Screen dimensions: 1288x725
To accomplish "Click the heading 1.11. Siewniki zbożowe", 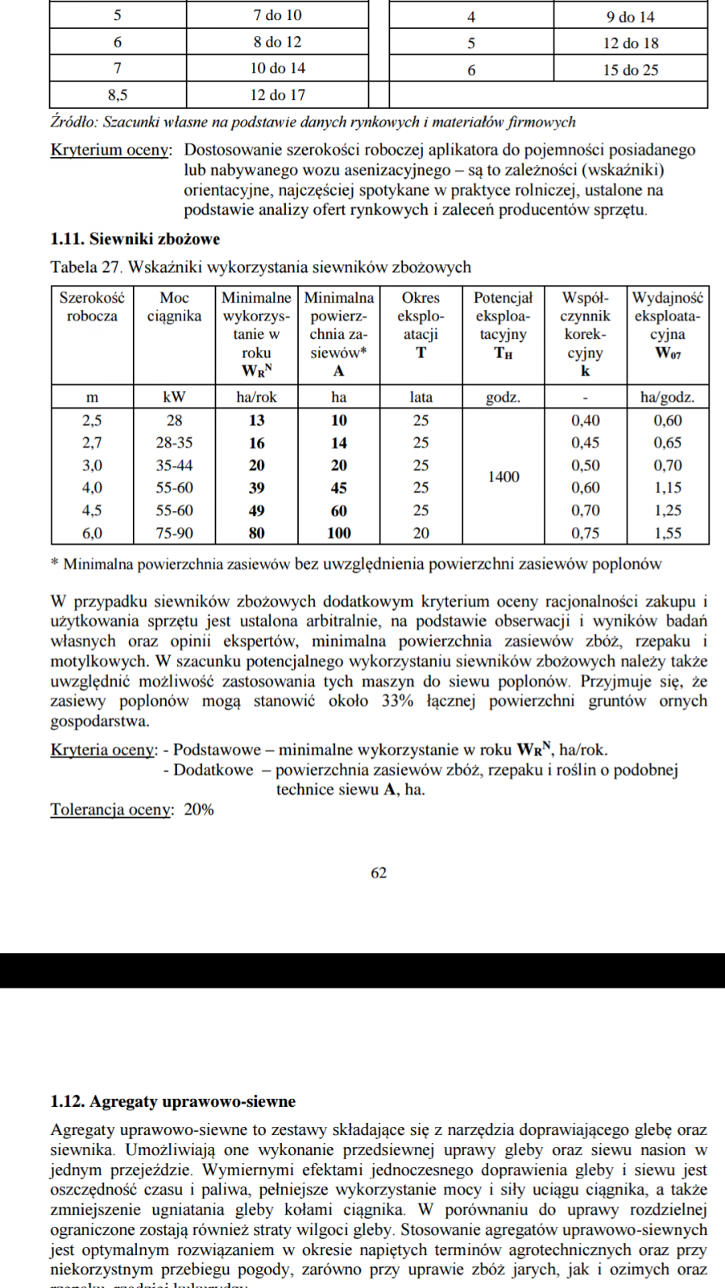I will coord(135,239).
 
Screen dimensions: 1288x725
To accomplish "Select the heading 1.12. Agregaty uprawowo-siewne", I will coord(172,1101).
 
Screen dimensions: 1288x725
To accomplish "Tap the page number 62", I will coord(379,873).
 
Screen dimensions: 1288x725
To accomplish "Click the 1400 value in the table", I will coord(503,477).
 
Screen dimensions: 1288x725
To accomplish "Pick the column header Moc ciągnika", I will coord(174,307).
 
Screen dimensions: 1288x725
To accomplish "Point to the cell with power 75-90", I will coord(174,533).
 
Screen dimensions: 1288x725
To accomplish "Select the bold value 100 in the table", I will coord(338,533).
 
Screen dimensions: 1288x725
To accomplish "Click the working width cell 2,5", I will coord(92,420).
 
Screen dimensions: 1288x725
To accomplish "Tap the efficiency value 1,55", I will coord(667,533).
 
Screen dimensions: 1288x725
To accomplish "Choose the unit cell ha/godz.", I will coord(667,397).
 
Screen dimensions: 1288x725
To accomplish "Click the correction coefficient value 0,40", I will coord(585,420).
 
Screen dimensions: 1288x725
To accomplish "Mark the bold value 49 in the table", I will coord(256,510).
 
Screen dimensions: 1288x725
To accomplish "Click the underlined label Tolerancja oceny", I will coord(111,810).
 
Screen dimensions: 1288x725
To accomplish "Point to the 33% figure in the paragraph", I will coord(397,701).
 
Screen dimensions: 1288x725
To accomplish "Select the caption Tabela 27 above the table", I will coord(85,267).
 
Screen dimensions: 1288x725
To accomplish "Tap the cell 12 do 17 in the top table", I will coord(277,95).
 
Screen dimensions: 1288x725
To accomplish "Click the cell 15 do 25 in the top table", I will coord(630,70).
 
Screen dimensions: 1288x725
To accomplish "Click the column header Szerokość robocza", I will coord(92,307).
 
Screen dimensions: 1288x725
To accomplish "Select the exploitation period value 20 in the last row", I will coord(420,533).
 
